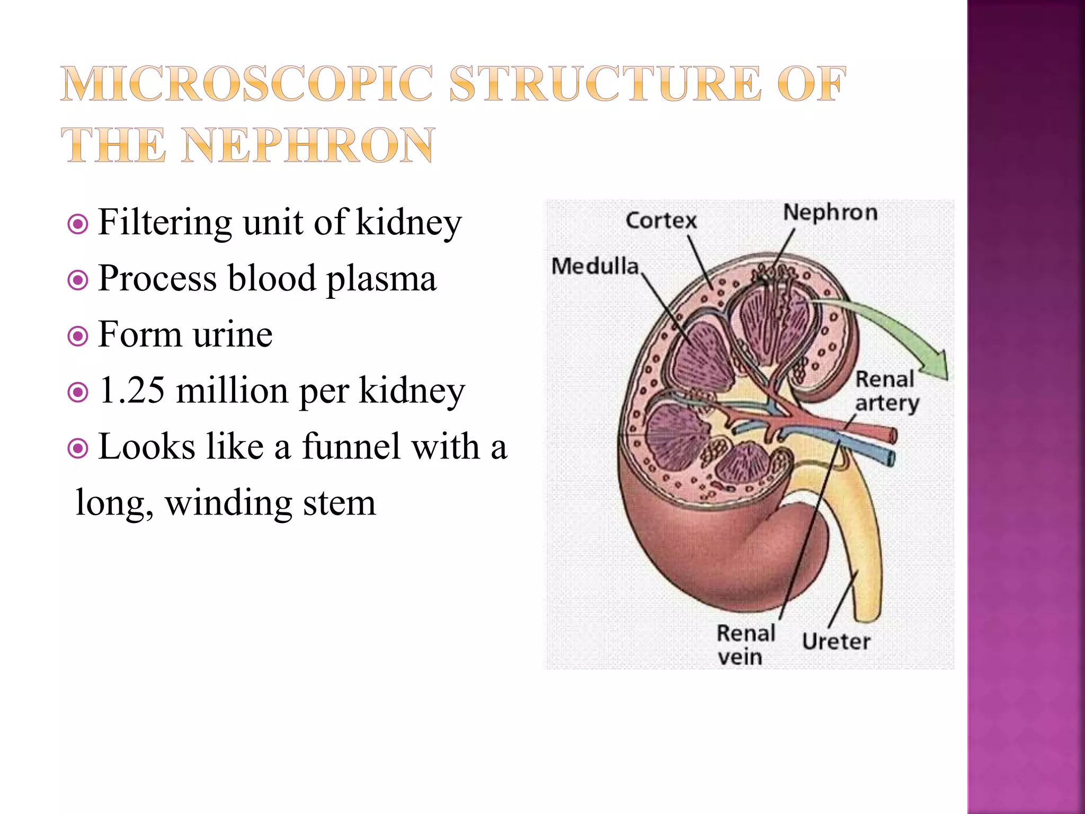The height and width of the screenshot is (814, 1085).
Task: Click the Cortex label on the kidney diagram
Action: click(x=661, y=220)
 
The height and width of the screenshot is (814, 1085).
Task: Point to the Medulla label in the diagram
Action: click(x=595, y=266)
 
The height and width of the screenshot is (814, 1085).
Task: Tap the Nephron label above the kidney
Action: click(x=830, y=213)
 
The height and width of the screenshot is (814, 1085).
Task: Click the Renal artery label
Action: click(x=886, y=391)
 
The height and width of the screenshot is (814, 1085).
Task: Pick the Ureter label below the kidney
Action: click(x=835, y=642)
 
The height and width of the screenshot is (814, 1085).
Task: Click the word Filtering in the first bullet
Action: click(x=165, y=223)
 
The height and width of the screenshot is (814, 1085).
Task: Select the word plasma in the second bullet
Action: click(x=381, y=279)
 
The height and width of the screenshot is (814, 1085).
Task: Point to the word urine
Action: click(x=233, y=335)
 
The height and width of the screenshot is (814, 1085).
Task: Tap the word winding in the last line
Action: click(x=228, y=503)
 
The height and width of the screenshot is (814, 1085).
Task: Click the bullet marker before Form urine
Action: click(x=78, y=336)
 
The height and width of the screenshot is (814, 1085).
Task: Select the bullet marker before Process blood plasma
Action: click(x=78, y=280)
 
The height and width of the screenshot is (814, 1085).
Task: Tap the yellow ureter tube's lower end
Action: click(x=868, y=615)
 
